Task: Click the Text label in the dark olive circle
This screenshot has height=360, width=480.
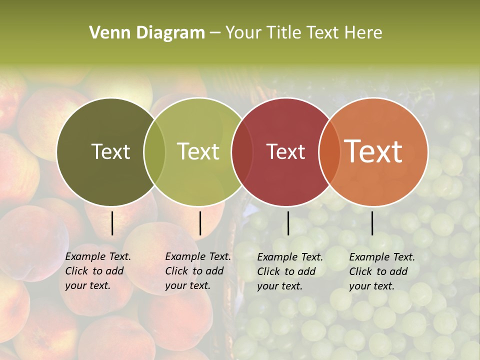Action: (110, 151)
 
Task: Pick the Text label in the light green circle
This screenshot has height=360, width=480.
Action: (198, 151)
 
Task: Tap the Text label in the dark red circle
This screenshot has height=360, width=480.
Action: (285, 151)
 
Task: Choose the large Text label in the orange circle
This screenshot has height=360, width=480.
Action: (373, 151)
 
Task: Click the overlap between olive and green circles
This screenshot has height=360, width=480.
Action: (154, 152)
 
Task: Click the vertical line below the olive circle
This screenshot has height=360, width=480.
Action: (112, 223)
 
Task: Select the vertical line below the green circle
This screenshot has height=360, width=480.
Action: (200, 223)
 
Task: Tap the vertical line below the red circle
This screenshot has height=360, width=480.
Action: (288, 223)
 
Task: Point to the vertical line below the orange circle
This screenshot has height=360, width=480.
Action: (372, 223)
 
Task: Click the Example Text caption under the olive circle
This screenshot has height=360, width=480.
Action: (98, 271)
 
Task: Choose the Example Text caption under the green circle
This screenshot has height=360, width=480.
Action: (198, 271)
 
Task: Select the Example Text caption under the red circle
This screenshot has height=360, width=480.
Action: (290, 271)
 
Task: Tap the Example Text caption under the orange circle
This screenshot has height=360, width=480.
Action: (382, 271)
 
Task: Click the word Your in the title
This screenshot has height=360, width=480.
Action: (242, 33)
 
